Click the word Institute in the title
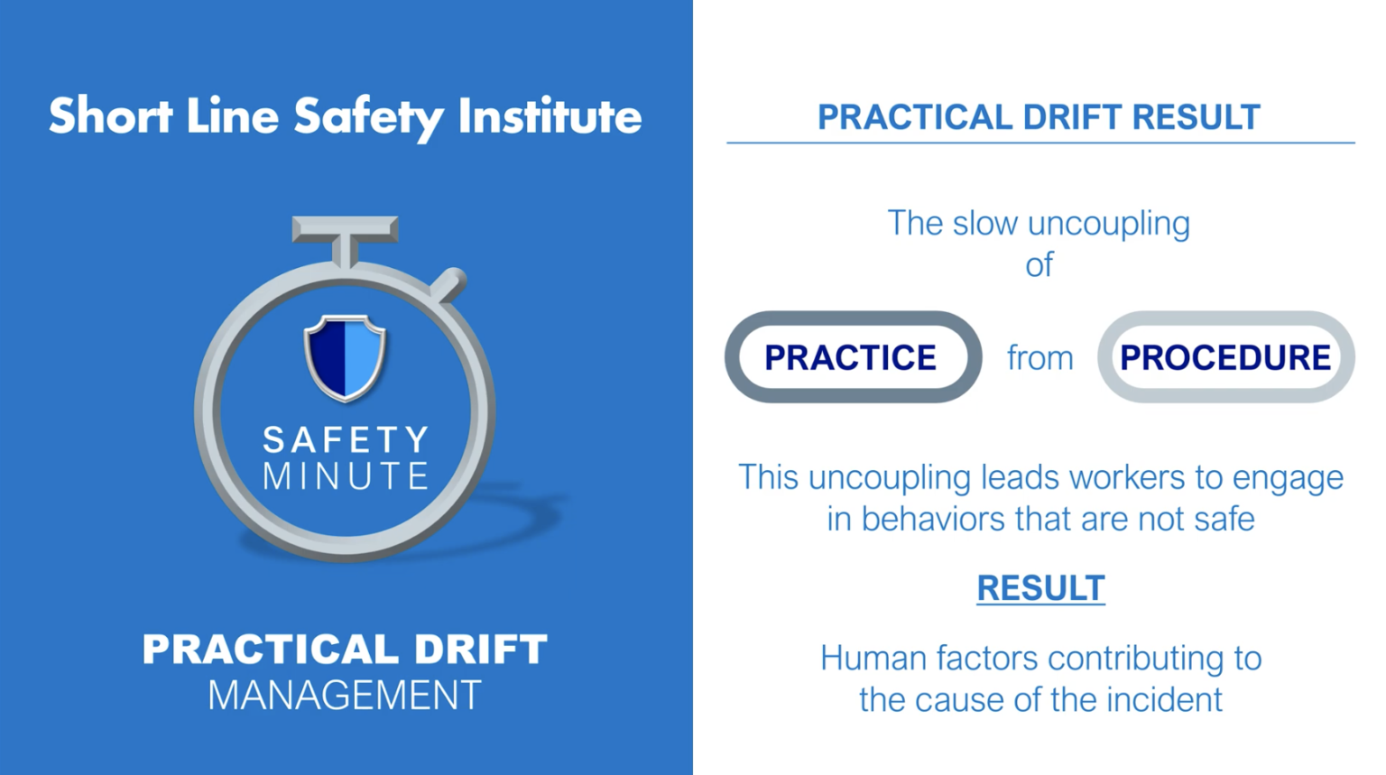[x=550, y=116]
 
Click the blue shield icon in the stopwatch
[x=345, y=356]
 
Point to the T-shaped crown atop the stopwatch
[x=345, y=231]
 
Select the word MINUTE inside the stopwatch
[x=345, y=476]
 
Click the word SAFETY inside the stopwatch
[x=345, y=440]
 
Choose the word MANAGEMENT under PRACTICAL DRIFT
[x=345, y=696]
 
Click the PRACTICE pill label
[x=851, y=357]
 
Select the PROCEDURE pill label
[x=1224, y=357]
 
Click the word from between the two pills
[x=1039, y=358]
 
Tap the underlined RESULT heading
[x=1040, y=588]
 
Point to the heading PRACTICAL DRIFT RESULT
[x=1039, y=117]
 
